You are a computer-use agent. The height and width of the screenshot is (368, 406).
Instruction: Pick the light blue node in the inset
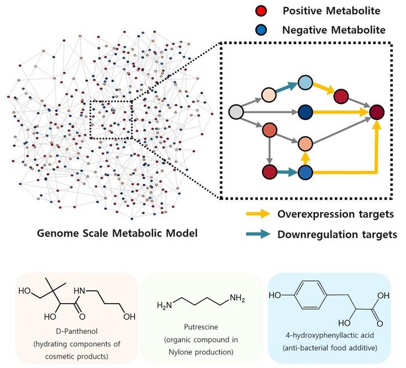point(305,83)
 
